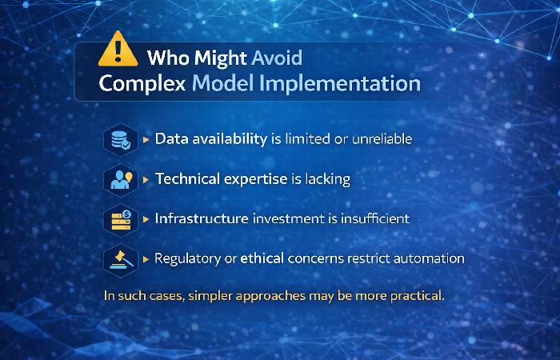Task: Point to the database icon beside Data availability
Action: tap(120, 139)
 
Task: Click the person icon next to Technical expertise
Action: tap(120, 179)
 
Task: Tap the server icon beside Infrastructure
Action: tap(120, 218)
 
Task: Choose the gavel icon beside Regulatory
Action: tap(120, 258)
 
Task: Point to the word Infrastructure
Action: tap(201, 218)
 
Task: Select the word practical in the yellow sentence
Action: tap(415, 295)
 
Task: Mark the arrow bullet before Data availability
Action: tap(146, 139)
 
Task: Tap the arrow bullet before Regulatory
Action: tap(146, 258)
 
